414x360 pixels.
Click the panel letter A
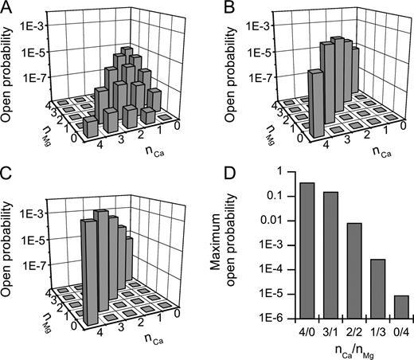coord(6,7)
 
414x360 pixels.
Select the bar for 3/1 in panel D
coord(308,255)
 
